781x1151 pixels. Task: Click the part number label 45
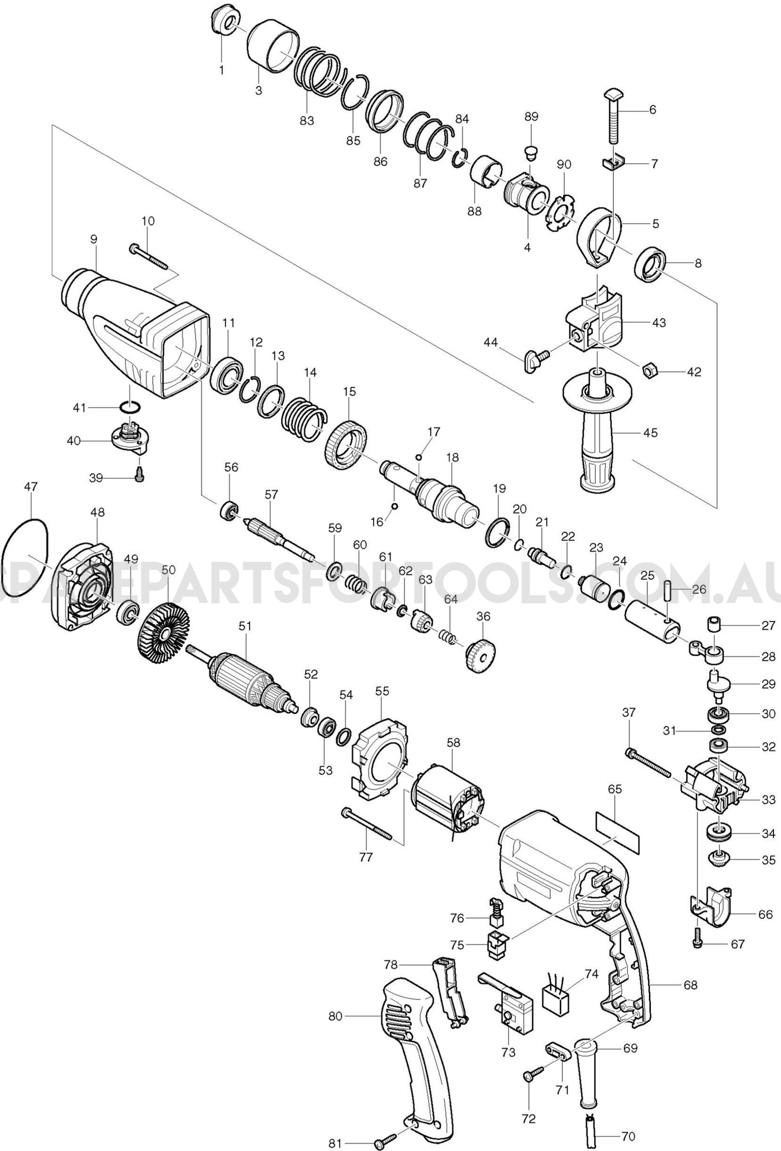tap(650, 433)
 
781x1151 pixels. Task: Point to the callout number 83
tap(307, 120)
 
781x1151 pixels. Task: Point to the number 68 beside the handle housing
tap(690, 984)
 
